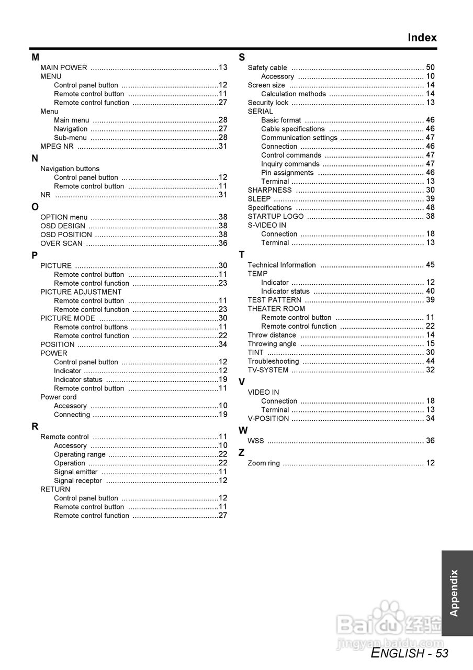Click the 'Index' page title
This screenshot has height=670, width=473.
coord(422,38)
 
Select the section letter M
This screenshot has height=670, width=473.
coord(35,57)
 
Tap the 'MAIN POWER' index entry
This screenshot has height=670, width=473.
coord(64,68)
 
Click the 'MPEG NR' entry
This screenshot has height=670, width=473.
coord(57,146)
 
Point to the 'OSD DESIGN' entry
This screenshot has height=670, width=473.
coord(63,226)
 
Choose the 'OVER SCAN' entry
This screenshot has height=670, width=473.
coord(61,243)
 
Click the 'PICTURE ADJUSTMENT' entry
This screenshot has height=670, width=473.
coord(81,292)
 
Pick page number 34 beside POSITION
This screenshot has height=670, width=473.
coord(223,344)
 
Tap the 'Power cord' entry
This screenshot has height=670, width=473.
coord(58,397)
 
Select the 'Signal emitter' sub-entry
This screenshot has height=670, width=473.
coord(75,472)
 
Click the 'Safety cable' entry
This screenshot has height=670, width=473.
coord(267,68)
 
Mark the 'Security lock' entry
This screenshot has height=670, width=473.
coord(268,103)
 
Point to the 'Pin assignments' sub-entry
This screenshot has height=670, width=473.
coord(287,173)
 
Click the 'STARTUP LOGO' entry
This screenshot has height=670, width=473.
coord(275,216)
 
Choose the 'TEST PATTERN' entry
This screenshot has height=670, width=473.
coord(274,300)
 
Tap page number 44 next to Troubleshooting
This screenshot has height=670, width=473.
coord(430,361)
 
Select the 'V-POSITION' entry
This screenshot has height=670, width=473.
coord(268,418)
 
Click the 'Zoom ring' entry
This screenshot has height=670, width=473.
coord(264,463)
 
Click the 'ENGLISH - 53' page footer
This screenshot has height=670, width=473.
coord(410,653)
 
